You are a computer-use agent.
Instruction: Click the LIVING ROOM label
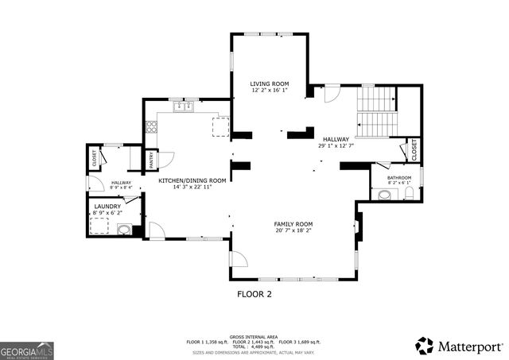point(269,83)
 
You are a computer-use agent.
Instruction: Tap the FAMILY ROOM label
point(293,224)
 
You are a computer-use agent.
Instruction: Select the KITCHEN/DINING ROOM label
point(192,180)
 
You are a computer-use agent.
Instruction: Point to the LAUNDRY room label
point(107,206)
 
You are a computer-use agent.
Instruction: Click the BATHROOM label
point(399,177)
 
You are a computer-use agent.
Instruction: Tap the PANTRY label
point(151,161)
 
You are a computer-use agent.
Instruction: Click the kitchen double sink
point(184,106)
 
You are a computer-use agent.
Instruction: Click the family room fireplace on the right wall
point(359,228)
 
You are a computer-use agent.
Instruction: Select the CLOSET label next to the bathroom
point(414,149)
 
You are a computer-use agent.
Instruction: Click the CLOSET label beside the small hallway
point(95,158)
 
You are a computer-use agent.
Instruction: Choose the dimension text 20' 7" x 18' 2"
point(293,231)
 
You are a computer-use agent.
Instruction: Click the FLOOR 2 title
point(254,293)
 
